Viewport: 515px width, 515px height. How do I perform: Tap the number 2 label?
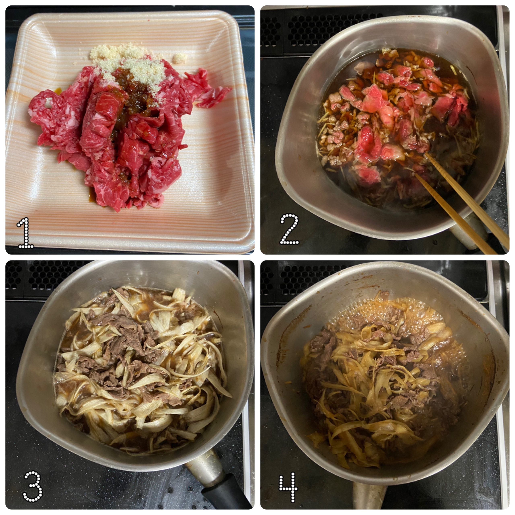(289, 229)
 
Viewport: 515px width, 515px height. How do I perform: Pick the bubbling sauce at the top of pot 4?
(373, 312)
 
